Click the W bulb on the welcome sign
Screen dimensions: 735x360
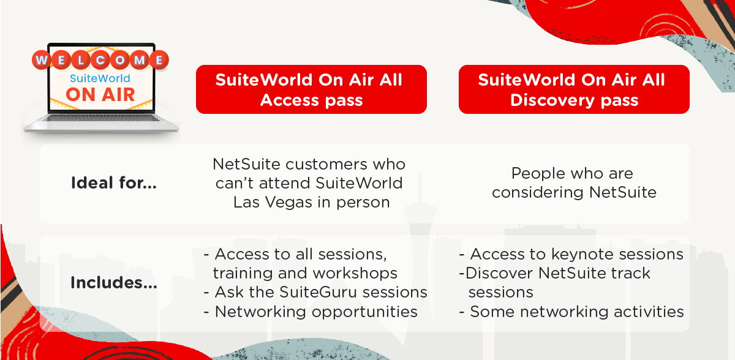tap(42, 60)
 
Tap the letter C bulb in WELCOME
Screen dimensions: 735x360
tap(100, 60)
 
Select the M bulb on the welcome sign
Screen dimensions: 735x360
tap(140, 60)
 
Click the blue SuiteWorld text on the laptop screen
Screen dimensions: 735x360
tap(100, 78)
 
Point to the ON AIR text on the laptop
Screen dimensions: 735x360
tap(100, 95)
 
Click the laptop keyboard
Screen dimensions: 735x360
tap(101, 118)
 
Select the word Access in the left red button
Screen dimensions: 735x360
tap(289, 100)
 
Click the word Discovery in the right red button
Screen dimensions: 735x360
tap(552, 100)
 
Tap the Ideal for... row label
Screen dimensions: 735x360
tap(114, 183)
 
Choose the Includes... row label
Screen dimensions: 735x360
tap(114, 283)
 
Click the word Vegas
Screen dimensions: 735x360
tap(288, 203)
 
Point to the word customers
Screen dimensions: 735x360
tap(326, 164)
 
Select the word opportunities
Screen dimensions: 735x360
tap(364, 312)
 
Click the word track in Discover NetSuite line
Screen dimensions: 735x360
tap(630, 273)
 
